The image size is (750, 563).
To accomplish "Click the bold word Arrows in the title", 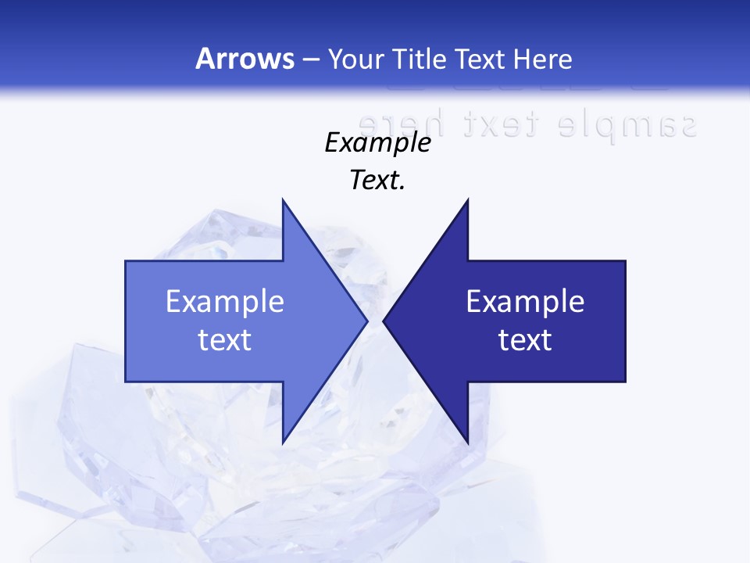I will tap(245, 59).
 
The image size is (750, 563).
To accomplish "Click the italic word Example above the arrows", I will tap(378, 143).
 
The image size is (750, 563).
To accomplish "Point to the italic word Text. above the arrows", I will tap(378, 181).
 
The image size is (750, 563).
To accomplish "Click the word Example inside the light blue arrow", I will tap(225, 302).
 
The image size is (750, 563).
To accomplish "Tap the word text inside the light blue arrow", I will tap(225, 340).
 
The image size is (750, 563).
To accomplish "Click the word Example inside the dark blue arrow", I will tap(525, 302).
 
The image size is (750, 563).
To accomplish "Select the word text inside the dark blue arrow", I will tap(525, 340).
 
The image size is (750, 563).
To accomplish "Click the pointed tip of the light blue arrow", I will tap(367, 321).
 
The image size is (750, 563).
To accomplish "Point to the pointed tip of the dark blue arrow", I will tap(384, 321).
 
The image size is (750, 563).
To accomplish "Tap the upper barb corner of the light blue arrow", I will tap(283, 200).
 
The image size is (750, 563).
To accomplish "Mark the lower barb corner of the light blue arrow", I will tap(283, 442).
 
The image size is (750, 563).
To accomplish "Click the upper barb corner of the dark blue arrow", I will tap(468, 200).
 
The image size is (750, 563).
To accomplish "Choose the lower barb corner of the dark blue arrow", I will tap(468, 442).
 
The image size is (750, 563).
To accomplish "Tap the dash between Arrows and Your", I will tap(310, 60).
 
